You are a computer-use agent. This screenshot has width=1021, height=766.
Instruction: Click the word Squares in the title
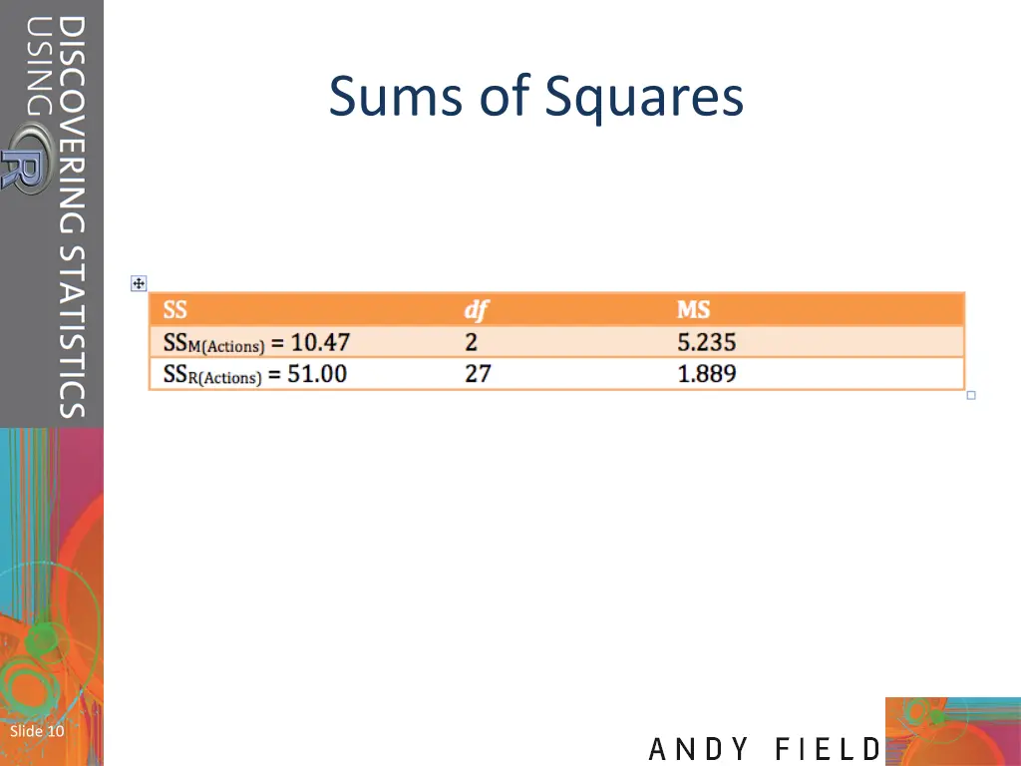click(x=644, y=98)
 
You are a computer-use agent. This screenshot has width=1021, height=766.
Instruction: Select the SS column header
click(x=175, y=310)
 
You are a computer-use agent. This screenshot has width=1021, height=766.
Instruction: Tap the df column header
click(x=477, y=310)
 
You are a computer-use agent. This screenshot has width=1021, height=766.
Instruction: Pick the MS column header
click(x=693, y=310)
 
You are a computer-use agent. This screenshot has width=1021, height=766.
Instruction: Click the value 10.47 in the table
click(x=320, y=342)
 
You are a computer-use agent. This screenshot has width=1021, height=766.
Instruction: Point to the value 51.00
click(x=317, y=374)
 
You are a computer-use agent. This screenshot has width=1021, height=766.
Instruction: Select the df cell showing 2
click(x=471, y=342)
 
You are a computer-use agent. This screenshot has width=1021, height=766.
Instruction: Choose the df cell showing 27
click(x=478, y=374)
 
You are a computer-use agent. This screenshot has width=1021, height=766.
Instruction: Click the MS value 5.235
click(x=706, y=342)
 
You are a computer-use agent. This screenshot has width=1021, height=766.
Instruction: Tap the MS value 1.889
click(x=706, y=374)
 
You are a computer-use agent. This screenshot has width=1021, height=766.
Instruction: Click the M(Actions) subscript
click(x=227, y=347)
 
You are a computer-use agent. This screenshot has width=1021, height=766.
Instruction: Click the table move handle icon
click(x=139, y=284)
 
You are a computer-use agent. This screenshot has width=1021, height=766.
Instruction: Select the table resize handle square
click(x=971, y=396)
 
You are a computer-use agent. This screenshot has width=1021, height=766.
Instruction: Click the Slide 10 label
click(x=37, y=731)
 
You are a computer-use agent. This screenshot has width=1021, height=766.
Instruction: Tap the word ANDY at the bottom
click(x=701, y=749)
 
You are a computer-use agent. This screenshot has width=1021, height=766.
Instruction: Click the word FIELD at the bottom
click(x=829, y=749)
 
